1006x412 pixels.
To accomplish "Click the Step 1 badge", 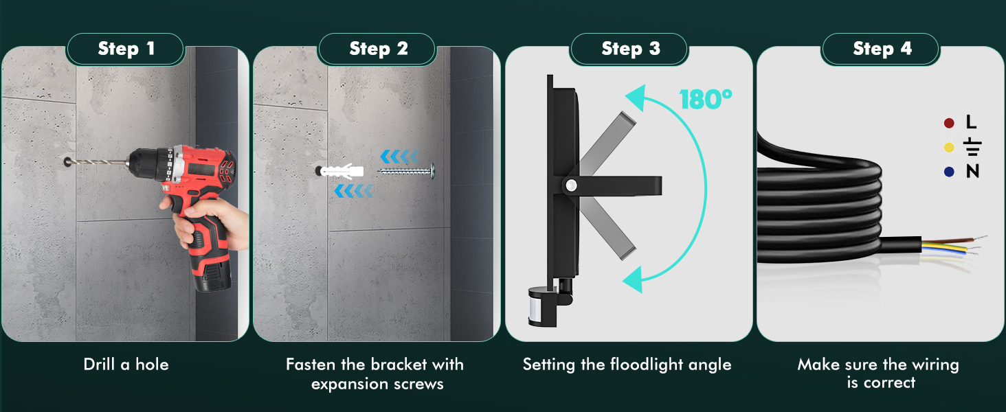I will click(126, 49).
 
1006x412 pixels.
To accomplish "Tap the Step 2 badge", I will click(377, 49).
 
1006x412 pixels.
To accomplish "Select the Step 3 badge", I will click(629, 49).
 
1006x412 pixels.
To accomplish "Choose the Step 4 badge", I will click(881, 49).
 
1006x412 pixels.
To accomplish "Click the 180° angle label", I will click(706, 100).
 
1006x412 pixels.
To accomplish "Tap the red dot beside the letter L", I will click(949, 123).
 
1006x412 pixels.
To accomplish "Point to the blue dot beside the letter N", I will click(949, 172).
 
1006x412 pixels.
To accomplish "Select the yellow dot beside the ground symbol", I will click(949, 147).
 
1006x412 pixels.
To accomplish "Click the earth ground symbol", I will click(972, 147).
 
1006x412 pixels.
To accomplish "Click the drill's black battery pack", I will click(212, 275).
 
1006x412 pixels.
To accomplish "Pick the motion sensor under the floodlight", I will click(541, 302).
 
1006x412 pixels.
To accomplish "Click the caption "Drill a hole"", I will click(126, 365).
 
